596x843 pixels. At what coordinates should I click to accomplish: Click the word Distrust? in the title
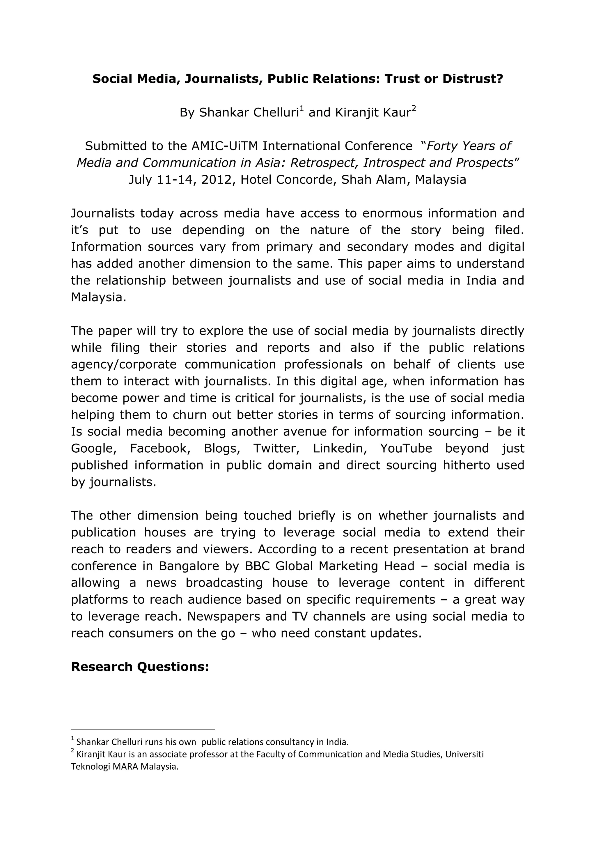tap(472, 79)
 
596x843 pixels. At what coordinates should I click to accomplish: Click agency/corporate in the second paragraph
tap(124, 364)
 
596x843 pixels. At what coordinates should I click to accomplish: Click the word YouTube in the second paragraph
tap(406, 449)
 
